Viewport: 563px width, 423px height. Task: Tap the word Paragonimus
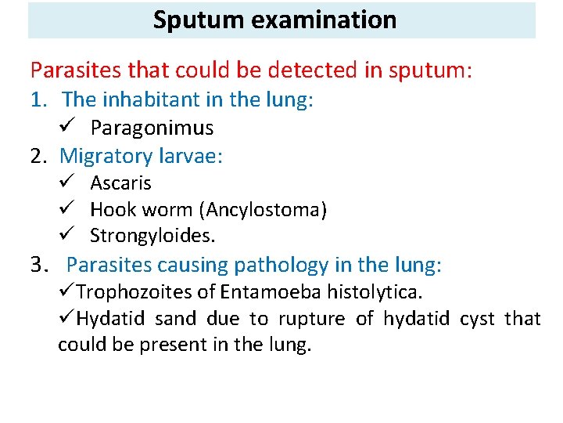pyautogui.click(x=152, y=128)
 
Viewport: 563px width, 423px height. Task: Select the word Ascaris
pyautogui.click(x=120, y=183)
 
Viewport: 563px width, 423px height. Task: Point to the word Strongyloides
pyautogui.click(x=152, y=235)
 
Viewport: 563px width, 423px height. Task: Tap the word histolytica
pyautogui.click(x=375, y=292)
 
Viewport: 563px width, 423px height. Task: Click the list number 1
pyautogui.click(x=36, y=100)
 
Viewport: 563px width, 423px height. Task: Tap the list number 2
pyautogui.click(x=38, y=156)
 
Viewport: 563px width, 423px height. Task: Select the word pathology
pyautogui.click(x=296, y=266)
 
